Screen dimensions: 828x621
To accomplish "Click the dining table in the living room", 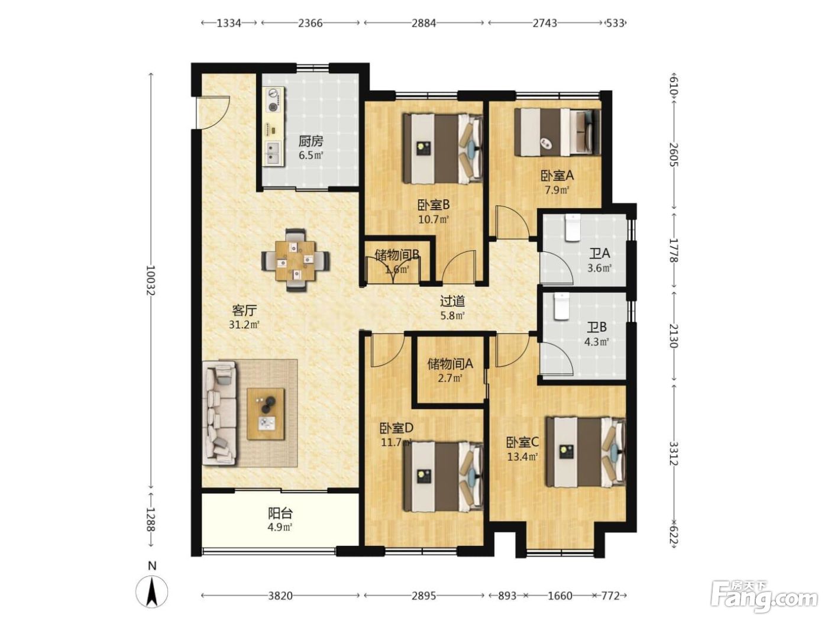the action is coord(295,260).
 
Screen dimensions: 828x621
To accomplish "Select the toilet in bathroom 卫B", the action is coord(561,306).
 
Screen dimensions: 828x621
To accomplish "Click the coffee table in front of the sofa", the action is coord(266,413).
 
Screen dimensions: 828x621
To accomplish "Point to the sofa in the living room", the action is coord(219,413).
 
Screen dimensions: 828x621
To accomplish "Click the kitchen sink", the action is coord(273,153).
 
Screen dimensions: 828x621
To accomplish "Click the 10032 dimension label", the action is coord(150,280).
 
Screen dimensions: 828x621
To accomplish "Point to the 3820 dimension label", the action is coord(280,596).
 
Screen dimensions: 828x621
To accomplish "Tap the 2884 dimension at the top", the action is coord(423,24).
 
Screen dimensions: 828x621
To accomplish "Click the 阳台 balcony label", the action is coord(280,513).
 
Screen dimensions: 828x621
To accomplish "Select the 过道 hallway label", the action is coord(452,301).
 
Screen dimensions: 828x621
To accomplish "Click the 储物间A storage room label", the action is coord(450,364).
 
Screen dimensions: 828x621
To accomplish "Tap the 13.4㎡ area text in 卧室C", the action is coord(522,457).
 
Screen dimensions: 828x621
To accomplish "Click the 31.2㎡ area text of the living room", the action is coord(244,324).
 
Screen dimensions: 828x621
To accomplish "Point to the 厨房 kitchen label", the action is coord(311,141).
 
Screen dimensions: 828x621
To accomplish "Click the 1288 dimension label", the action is coord(150,520).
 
